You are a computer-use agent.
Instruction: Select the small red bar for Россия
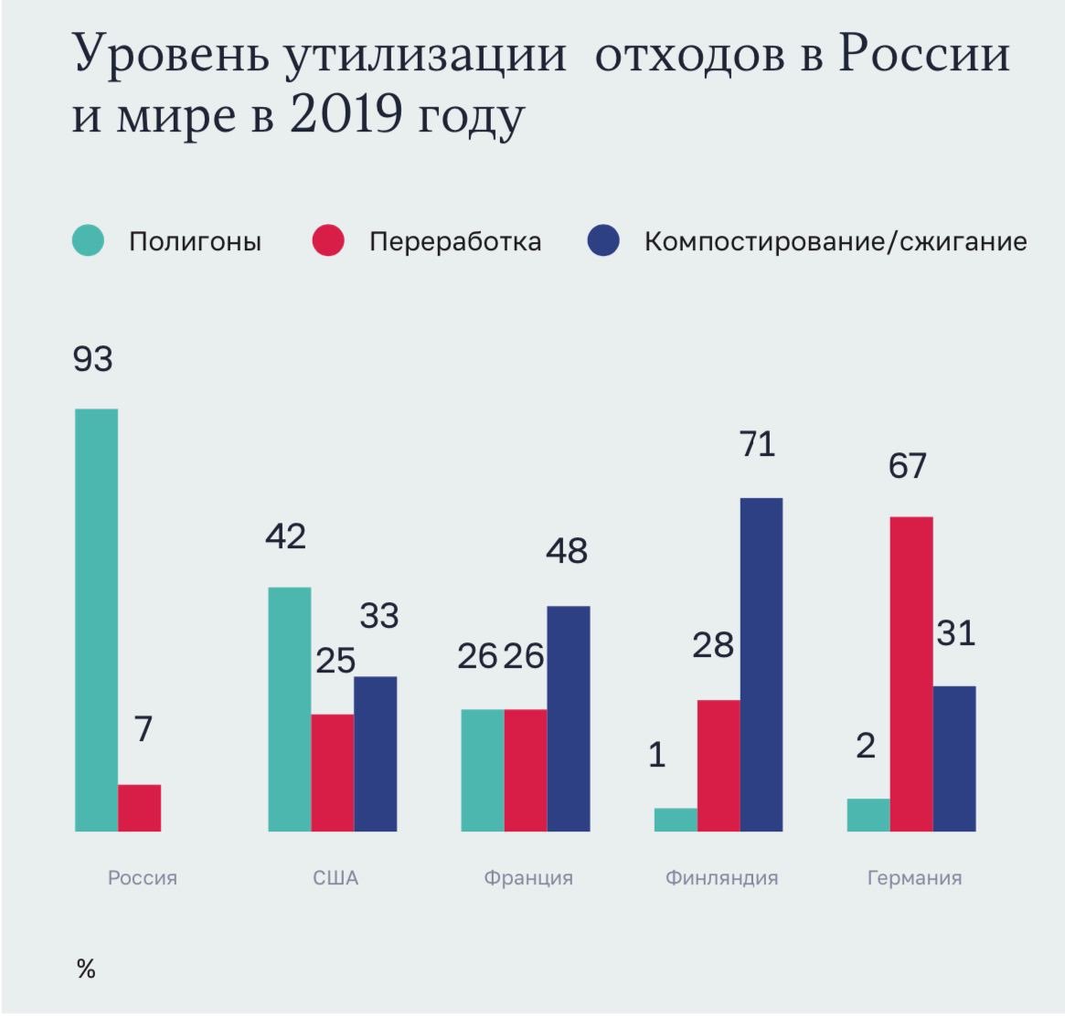coord(139,808)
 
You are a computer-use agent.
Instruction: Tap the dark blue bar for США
coord(375,754)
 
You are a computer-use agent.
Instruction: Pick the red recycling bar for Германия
coord(911,673)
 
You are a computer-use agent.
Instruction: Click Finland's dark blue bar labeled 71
coord(761,664)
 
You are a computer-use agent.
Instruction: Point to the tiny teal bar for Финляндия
coord(676,820)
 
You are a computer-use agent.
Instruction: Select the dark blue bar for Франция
coord(568,718)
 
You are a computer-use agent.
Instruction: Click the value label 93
coord(93,358)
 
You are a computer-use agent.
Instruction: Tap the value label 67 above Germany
coord(907,466)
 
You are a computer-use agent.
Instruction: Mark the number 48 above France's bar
coord(567,551)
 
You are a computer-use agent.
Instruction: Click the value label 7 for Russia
coord(143,729)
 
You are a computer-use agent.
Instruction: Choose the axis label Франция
coord(527,878)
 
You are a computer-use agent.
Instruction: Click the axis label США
coord(335,878)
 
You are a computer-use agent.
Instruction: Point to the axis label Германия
coord(914,878)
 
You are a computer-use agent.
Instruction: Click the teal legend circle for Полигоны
coord(89,241)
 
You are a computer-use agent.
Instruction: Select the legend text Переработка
coord(455,242)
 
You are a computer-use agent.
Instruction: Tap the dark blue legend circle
coord(604,241)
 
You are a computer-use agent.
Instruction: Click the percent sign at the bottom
coord(86,969)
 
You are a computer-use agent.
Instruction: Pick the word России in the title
coord(922,54)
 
